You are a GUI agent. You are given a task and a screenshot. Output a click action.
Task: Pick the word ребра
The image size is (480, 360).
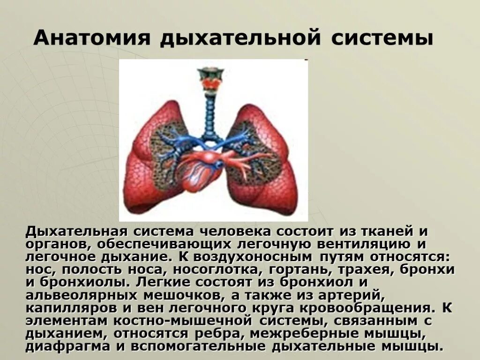tap(219, 334)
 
